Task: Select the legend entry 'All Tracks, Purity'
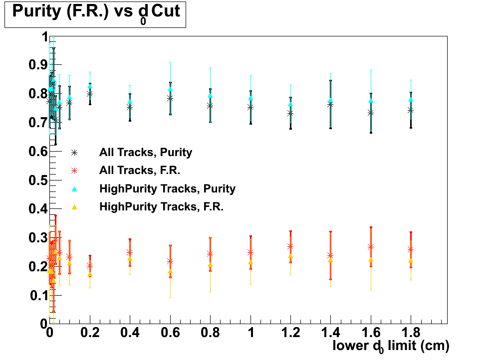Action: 145,152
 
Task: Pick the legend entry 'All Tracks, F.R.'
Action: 139,170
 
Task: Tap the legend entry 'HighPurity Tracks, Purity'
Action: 167,188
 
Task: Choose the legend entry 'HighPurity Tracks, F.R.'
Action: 161,206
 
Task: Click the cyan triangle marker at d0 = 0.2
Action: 90,86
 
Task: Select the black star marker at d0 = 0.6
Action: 170,98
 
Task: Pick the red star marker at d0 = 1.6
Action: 371,247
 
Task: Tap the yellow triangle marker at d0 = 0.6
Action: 170,271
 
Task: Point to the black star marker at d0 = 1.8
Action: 411,110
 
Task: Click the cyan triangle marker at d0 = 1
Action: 250,98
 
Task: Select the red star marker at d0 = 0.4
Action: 130,252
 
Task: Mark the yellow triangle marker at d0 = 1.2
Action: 290,257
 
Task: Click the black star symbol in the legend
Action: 74,152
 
